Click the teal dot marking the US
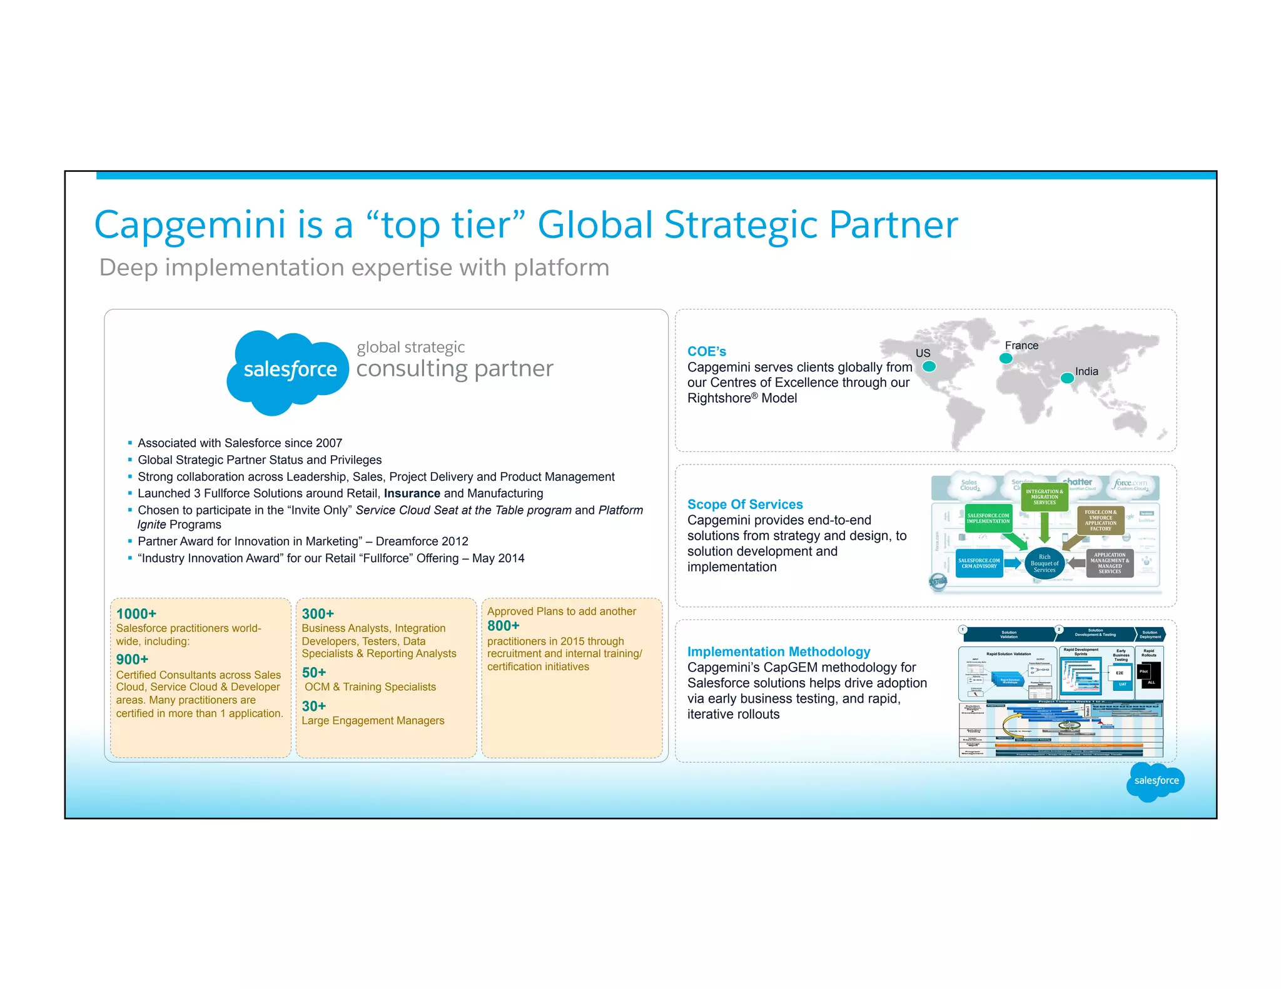[x=929, y=367]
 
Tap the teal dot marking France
[x=1006, y=358]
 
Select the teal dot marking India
[x=1067, y=378]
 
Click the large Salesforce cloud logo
[x=288, y=371]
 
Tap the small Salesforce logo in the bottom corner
[x=1155, y=781]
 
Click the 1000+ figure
[x=136, y=614]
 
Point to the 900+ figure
[x=132, y=660]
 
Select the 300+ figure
[x=318, y=614]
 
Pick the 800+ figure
[x=504, y=626]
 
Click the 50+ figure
[x=314, y=673]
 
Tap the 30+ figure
[x=314, y=706]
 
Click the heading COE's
[x=707, y=351]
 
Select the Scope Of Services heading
[x=745, y=505]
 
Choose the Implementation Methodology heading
[x=779, y=651]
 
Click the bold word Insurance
[x=412, y=493]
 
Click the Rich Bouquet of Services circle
[x=1045, y=563]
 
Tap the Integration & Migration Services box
[x=1045, y=497]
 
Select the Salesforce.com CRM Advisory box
[x=980, y=563]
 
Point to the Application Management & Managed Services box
[x=1110, y=563]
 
